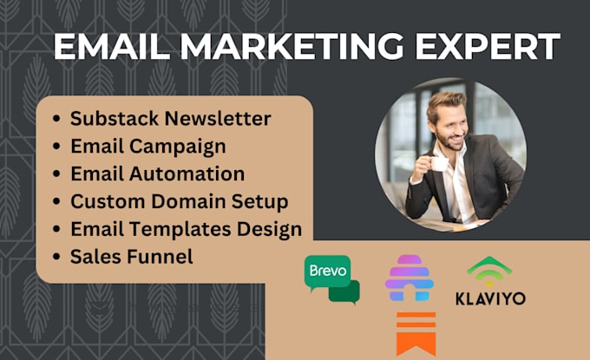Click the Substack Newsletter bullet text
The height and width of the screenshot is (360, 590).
[171, 119]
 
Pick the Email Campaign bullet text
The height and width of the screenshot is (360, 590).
[148, 146]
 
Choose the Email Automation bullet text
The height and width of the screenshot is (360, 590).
[157, 173]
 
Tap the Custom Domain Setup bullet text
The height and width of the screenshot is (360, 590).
[180, 201]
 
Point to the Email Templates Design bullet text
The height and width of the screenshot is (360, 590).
[187, 229]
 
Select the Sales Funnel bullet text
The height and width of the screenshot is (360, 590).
[132, 257]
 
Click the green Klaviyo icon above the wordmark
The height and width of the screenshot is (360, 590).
[488, 271]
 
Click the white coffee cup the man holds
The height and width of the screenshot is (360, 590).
[440, 161]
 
